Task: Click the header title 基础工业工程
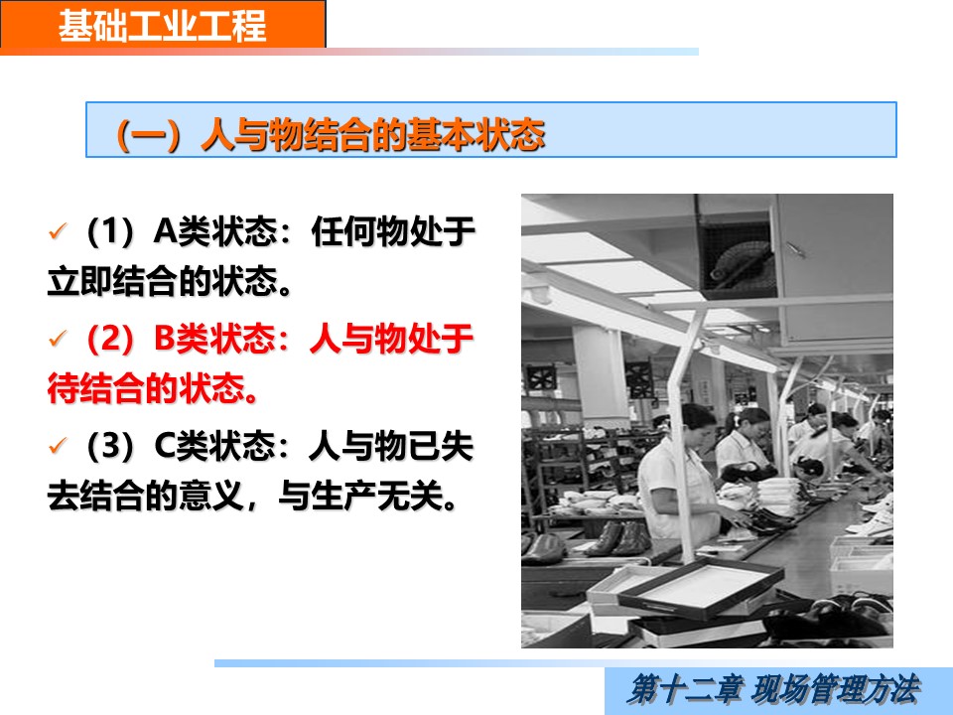(x=162, y=26)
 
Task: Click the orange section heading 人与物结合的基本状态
(x=372, y=134)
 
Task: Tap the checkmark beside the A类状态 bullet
(x=58, y=231)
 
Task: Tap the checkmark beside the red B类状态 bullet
(x=58, y=338)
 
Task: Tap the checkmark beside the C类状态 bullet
(x=58, y=445)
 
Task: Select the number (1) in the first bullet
(x=110, y=231)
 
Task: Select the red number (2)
(x=110, y=339)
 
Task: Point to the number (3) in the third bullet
(x=110, y=446)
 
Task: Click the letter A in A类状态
(x=165, y=231)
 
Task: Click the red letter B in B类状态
(x=164, y=339)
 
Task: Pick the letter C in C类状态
(x=165, y=446)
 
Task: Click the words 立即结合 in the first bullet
(x=112, y=281)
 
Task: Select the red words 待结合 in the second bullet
(x=96, y=388)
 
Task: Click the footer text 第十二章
(x=684, y=690)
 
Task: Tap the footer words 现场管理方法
(x=836, y=690)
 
